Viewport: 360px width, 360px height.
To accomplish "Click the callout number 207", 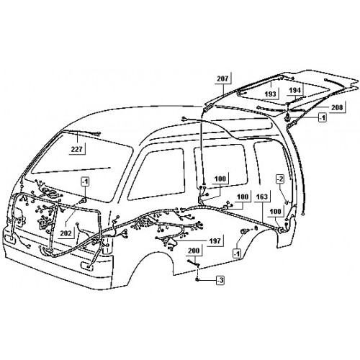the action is [x=222, y=78].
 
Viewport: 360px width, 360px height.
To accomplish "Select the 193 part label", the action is [x=270, y=94].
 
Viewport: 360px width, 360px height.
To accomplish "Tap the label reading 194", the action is [x=294, y=90].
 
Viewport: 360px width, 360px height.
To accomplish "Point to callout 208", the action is [x=337, y=107].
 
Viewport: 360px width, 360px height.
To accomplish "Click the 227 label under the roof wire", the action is [x=77, y=149].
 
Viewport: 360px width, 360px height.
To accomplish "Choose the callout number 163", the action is [x=262, y=197].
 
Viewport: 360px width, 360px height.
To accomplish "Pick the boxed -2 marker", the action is [x=280, y=179].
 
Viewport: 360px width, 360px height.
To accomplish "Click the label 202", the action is [x=66, y=233].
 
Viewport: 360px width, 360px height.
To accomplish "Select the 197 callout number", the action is [x=215, y=240].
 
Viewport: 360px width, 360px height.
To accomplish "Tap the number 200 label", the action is [x=194, y=251].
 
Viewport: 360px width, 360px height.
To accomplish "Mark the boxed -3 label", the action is [x=220, y=280].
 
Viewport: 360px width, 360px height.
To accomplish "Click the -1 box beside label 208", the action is [x=323, y=118].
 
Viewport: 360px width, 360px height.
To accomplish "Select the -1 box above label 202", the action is [x=85, y=181].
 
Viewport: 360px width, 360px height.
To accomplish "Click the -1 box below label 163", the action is [x=237, y=253].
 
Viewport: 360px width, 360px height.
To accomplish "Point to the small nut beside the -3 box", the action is [x=197, y=279].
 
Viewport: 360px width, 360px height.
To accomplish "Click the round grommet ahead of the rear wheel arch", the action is [x=244, y=232].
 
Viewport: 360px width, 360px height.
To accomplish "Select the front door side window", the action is [x=157, y=174].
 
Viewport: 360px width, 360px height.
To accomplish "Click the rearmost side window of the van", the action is [x=272, y=163].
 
